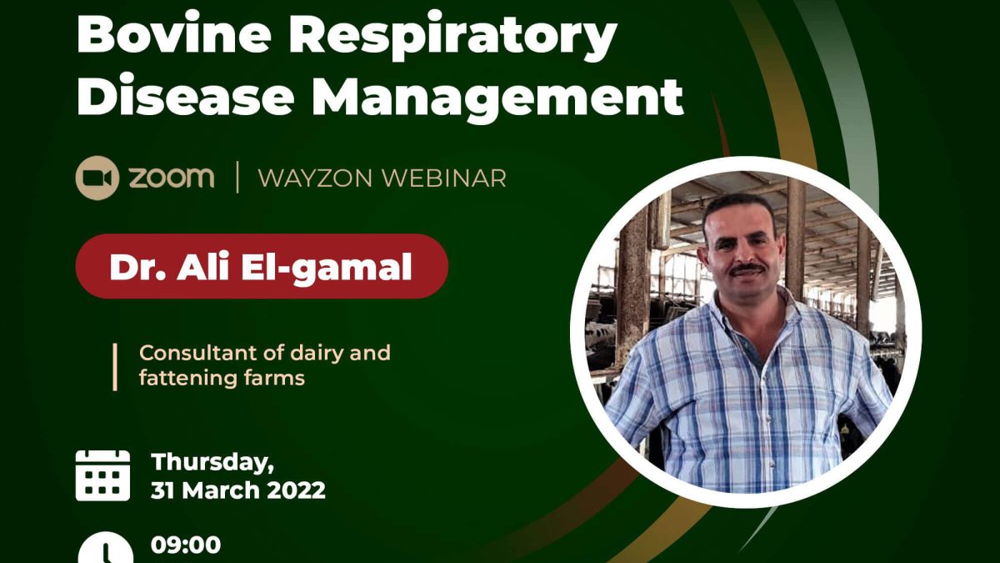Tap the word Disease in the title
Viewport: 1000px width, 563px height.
click(x=185, y=98)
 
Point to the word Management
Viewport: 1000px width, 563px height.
click(x=497, y=102)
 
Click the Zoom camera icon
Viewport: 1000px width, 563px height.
click(x=97, y=178)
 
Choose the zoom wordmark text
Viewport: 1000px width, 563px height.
click(x=172, y=178)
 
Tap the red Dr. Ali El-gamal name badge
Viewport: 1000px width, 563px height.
click(x=262, y=266)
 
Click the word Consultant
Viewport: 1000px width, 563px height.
click(x=198, y=353)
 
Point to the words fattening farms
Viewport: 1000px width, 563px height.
click(x=222, y=378)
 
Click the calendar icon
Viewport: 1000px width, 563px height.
click(x=102, y=475)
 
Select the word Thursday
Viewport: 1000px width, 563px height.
click(x=212, y=462)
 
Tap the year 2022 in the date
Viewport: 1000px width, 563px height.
click(x=297, y=490)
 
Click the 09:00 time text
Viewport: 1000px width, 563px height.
click(x=186, y=545)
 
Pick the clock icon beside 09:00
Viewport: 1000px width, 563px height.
click(x=105, y=549)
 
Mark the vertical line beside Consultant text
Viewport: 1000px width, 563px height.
click(x=115, y=367)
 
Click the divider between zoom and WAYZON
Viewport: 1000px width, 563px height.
click(x=237, y=178)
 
